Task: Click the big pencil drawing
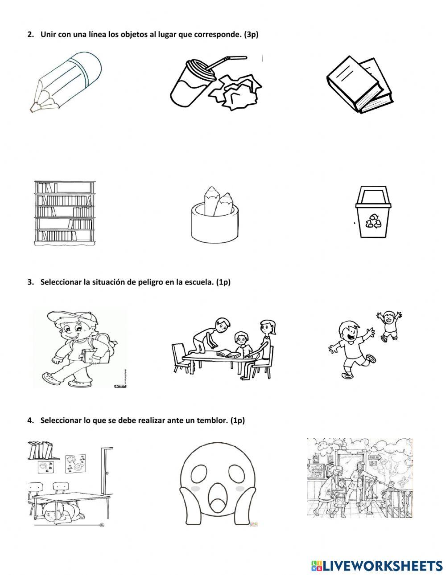click(x=66, y=82)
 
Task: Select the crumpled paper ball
click(x=236, y=92)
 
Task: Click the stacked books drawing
click(x=359, y=85)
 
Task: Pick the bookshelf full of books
click(x=65, y=213)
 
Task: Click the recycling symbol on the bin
click(x=373, y=220)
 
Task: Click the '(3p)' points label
click(x=251, y=35)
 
